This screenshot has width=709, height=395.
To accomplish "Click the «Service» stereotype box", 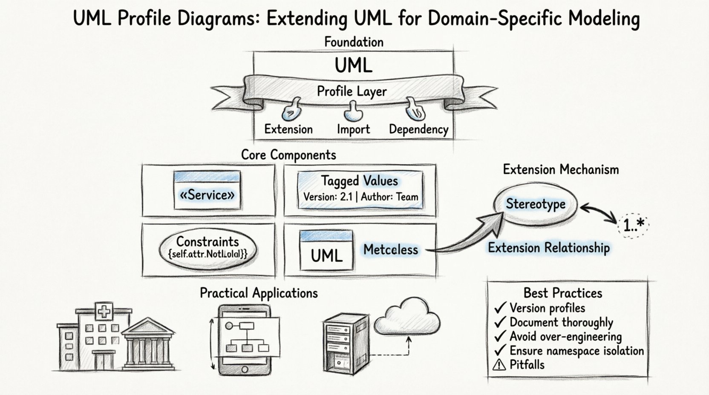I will coord(207,191).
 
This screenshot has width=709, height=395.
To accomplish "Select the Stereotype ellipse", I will coord(536,204).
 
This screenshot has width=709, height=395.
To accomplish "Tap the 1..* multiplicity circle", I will coord(633,225).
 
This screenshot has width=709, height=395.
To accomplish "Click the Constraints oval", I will coord(208,247).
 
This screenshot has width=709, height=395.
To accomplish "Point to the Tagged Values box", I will coord(360,189).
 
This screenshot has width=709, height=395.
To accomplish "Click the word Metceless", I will coord(390,250).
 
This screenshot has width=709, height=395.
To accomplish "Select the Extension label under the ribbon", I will coord(288,129).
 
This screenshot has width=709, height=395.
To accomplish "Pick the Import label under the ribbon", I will coord(353,129).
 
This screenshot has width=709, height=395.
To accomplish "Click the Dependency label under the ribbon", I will coord(418,129).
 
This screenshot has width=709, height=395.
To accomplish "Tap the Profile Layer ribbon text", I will coord(352,92).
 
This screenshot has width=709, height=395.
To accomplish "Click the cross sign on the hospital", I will coord(104,312).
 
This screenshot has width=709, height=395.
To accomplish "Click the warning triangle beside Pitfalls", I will coord(499,365).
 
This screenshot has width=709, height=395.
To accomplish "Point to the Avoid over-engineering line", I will coord(565,337).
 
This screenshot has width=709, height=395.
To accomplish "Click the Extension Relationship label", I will coord(549,248).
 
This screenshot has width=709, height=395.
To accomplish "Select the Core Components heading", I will coord(288,155).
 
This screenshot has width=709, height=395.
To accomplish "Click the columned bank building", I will coord(148,345).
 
